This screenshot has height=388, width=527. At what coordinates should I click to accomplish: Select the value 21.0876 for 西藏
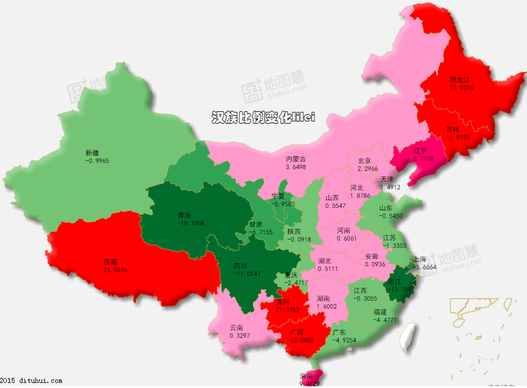click(115, 270)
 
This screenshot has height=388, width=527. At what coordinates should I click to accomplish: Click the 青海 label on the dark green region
click(184, 215)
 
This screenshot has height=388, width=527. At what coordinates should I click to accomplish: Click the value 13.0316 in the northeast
click(461, 88)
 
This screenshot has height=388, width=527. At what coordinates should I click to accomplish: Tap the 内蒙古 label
click(296, 160)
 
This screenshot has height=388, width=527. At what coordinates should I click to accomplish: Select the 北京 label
click(364, 161)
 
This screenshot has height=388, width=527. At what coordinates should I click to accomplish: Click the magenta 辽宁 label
click(420, 151)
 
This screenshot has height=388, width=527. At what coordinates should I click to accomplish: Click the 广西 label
click(296, 332)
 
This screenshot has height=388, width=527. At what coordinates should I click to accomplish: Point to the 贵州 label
click(282, 302)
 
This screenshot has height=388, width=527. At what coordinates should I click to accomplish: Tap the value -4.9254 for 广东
click(344, 340)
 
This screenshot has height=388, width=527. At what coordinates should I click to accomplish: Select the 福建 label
click(380, 312)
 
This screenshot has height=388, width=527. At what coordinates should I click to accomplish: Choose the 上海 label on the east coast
click(420, 260)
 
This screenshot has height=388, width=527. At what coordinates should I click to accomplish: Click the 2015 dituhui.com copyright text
click(31, 381)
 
